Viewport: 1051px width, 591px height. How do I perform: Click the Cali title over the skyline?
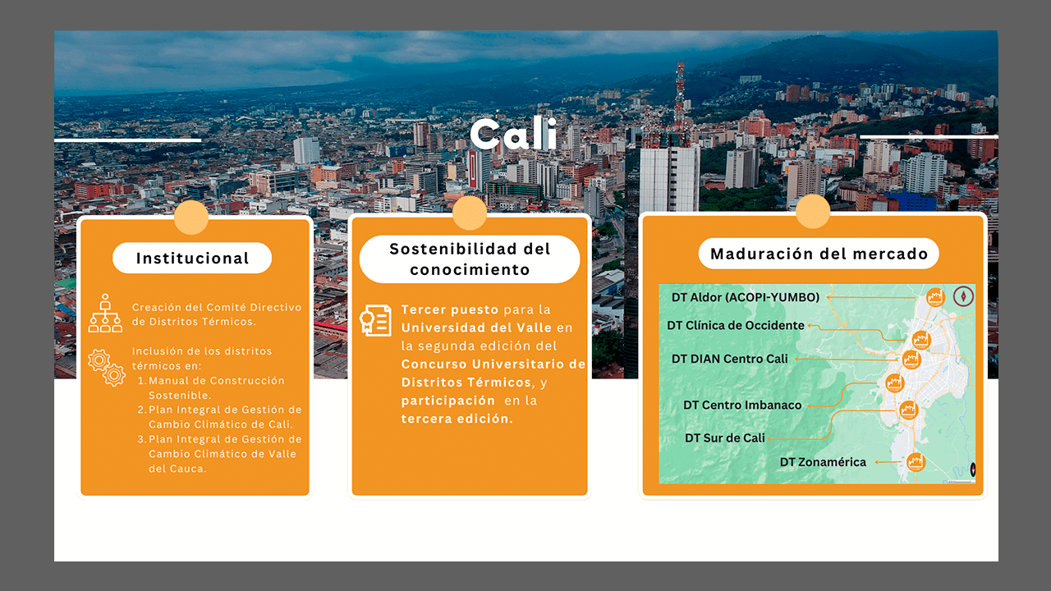point(514,134)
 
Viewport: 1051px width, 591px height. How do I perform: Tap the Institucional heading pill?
point(192,258)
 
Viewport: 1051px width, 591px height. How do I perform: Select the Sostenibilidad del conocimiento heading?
point(470,259)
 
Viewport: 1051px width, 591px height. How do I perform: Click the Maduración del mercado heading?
point(819,254)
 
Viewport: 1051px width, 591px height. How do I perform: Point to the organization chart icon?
point(105,314)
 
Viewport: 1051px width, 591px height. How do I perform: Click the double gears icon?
point(107,367)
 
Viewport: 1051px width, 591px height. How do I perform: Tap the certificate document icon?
point(375,320)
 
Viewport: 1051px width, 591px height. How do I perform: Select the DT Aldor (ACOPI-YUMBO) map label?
point(745,297)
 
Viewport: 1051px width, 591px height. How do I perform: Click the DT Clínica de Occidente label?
point(735,326)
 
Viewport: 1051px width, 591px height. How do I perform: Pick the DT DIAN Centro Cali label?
point(730,359)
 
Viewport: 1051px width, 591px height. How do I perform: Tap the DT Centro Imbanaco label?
point(742,405)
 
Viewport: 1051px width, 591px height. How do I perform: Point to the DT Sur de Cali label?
point(725,438)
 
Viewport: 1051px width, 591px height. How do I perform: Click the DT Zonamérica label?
point(823,462)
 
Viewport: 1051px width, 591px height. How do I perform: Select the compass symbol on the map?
point(963,296)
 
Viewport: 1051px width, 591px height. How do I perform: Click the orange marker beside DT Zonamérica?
point(916,462)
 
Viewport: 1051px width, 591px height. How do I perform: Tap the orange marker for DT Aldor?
point(935,297)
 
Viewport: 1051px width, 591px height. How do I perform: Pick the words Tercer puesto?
point(449,309)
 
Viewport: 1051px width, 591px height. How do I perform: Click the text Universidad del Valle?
point(476,328)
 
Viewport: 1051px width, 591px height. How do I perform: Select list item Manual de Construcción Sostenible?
point(216,388)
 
